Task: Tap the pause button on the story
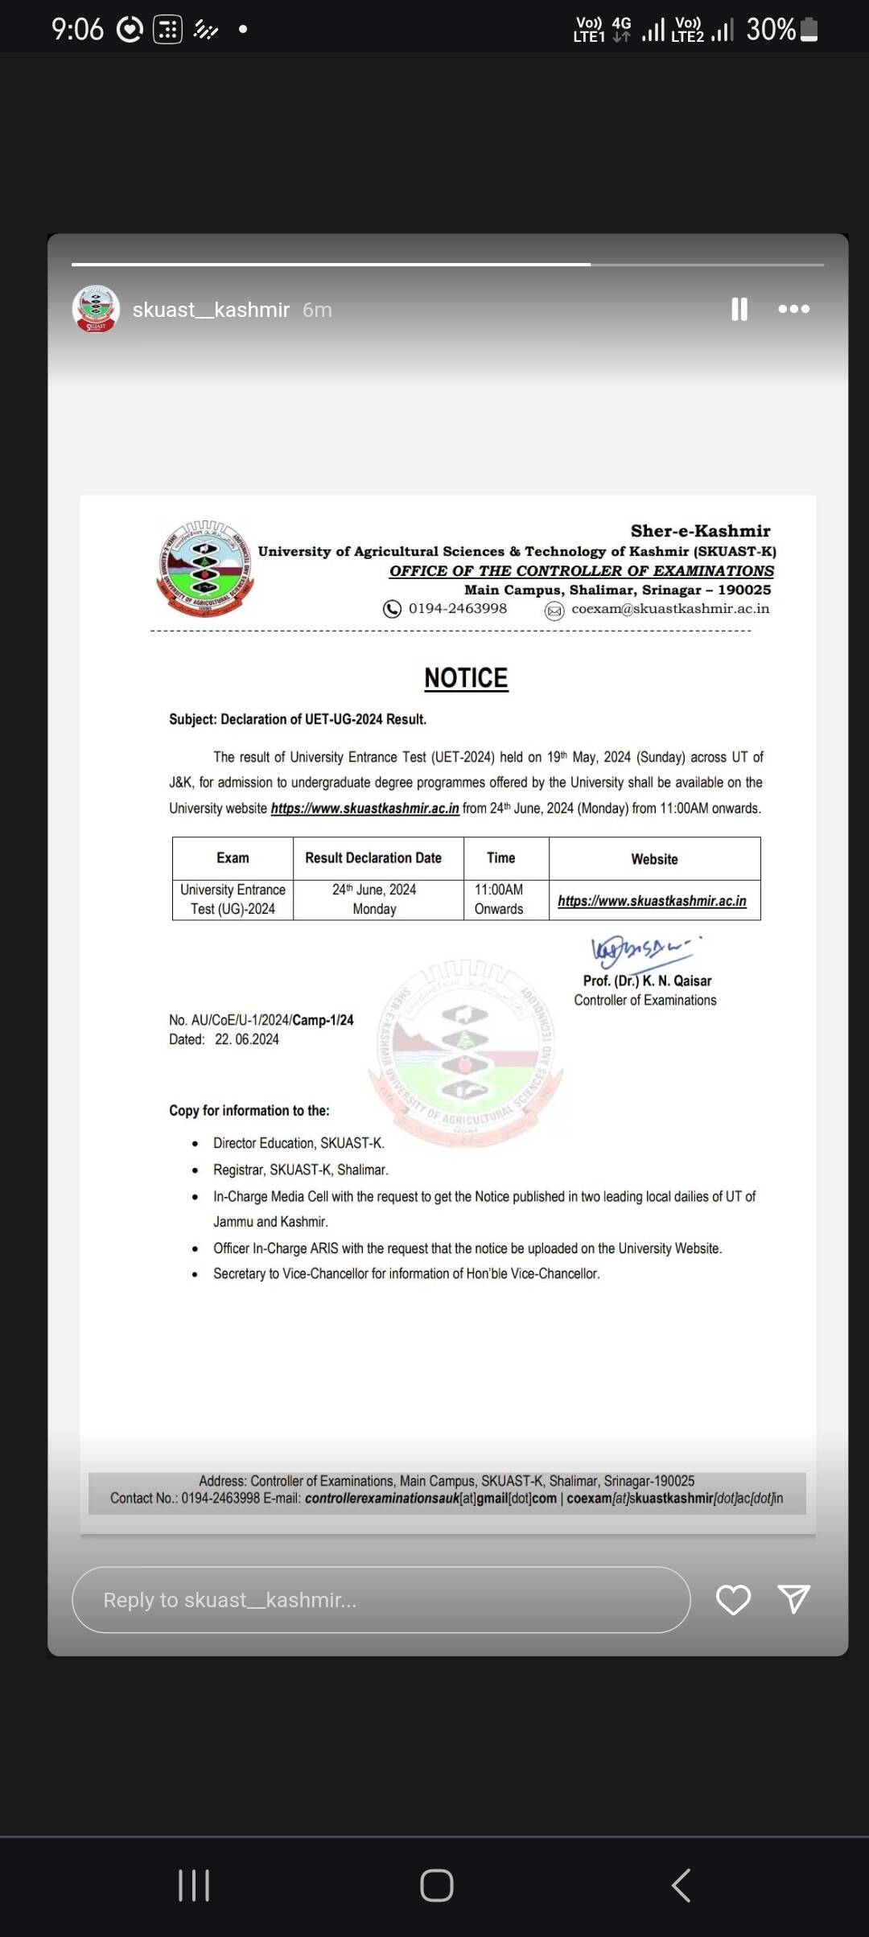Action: [x=739, y=309]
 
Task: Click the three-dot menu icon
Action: [x=793, y=309]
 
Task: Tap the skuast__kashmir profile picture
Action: [x=96, y=309]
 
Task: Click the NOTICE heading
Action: [x=466, y=678]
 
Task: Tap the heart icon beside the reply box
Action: [x=733, y=1600]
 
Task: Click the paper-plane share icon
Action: [x=793, y=1599]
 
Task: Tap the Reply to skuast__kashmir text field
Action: [x=381, y=1600]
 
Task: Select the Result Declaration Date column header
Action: [x=373, y=858]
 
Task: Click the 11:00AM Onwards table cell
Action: [x=499, y=899]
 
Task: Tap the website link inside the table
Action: [x=652, y=901]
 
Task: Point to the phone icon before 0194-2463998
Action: [x=392, y=609]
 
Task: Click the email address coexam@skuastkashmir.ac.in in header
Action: [x=669, y=609]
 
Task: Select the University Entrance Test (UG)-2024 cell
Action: [x=233, y=899]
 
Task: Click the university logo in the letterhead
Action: [x=206, y=567]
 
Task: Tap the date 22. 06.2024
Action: [x=246, y=1039]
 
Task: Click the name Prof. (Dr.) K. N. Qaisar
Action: [x=647, y=981]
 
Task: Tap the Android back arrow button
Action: [x=681, y=1885]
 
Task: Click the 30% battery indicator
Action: [x=781, y=30]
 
